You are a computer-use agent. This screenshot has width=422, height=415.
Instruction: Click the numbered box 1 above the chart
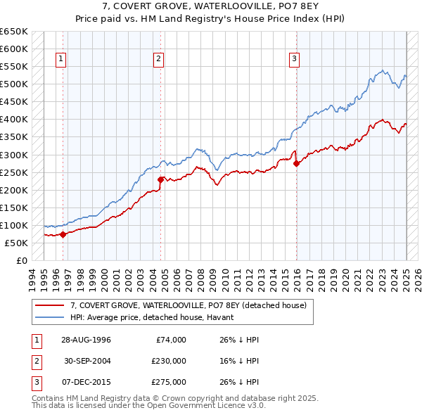[62, 59]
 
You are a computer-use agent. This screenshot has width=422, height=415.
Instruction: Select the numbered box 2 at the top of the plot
[159, 59]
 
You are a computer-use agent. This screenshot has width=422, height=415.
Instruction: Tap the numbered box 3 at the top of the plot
[293, 59]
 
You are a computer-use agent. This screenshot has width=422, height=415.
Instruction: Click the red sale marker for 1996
[63, 234]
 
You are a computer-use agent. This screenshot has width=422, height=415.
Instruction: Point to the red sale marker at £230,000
[160, 179]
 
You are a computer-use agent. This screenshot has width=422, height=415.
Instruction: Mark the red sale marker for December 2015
[295, 163]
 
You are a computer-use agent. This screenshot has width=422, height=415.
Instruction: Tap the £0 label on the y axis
[22, 260]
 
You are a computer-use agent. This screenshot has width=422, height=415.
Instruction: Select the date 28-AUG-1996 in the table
[86, 340]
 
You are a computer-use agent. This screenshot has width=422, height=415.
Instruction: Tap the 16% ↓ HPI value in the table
[240, 361]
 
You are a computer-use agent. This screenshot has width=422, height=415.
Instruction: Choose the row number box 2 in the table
[35, 361]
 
